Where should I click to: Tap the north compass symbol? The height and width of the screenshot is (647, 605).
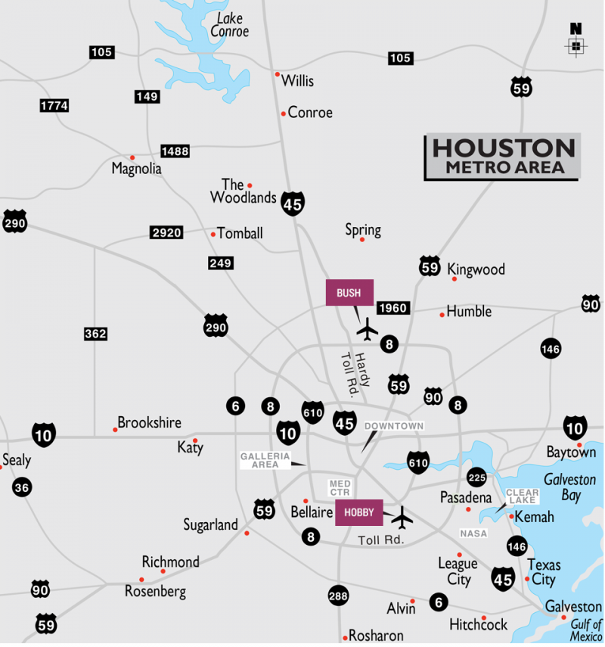tap(576, 41)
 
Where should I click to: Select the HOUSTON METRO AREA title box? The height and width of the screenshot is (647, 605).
tap(502, 157)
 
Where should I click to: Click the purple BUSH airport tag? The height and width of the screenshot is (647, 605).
tap(349, 293)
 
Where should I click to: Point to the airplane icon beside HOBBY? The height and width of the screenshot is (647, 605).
tap(402, 518)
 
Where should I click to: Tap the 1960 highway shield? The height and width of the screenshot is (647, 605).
tap(393, 308)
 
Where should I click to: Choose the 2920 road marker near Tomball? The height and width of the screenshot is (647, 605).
tap(166, 233)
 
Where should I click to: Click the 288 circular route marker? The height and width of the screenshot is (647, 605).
tap(339, 596)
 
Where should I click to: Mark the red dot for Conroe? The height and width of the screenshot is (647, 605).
tap(284, 114)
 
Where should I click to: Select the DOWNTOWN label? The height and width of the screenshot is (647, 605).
tap(394, 426)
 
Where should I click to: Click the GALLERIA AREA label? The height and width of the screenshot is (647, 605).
tap(265, 460)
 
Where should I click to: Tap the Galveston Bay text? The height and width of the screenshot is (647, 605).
tap(569, 487)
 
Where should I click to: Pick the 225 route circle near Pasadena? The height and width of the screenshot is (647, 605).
tap(476, 477)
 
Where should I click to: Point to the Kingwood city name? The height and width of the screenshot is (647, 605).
tap(476, 269)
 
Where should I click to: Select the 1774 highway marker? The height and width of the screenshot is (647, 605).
tap(54, 106)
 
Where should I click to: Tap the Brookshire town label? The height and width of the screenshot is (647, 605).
tap(149, 423)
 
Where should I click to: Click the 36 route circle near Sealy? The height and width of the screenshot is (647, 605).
tap(22, 487)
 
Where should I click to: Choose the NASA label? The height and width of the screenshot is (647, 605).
tap(473, 534)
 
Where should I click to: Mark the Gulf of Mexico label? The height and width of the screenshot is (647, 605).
tap(586, 630)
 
